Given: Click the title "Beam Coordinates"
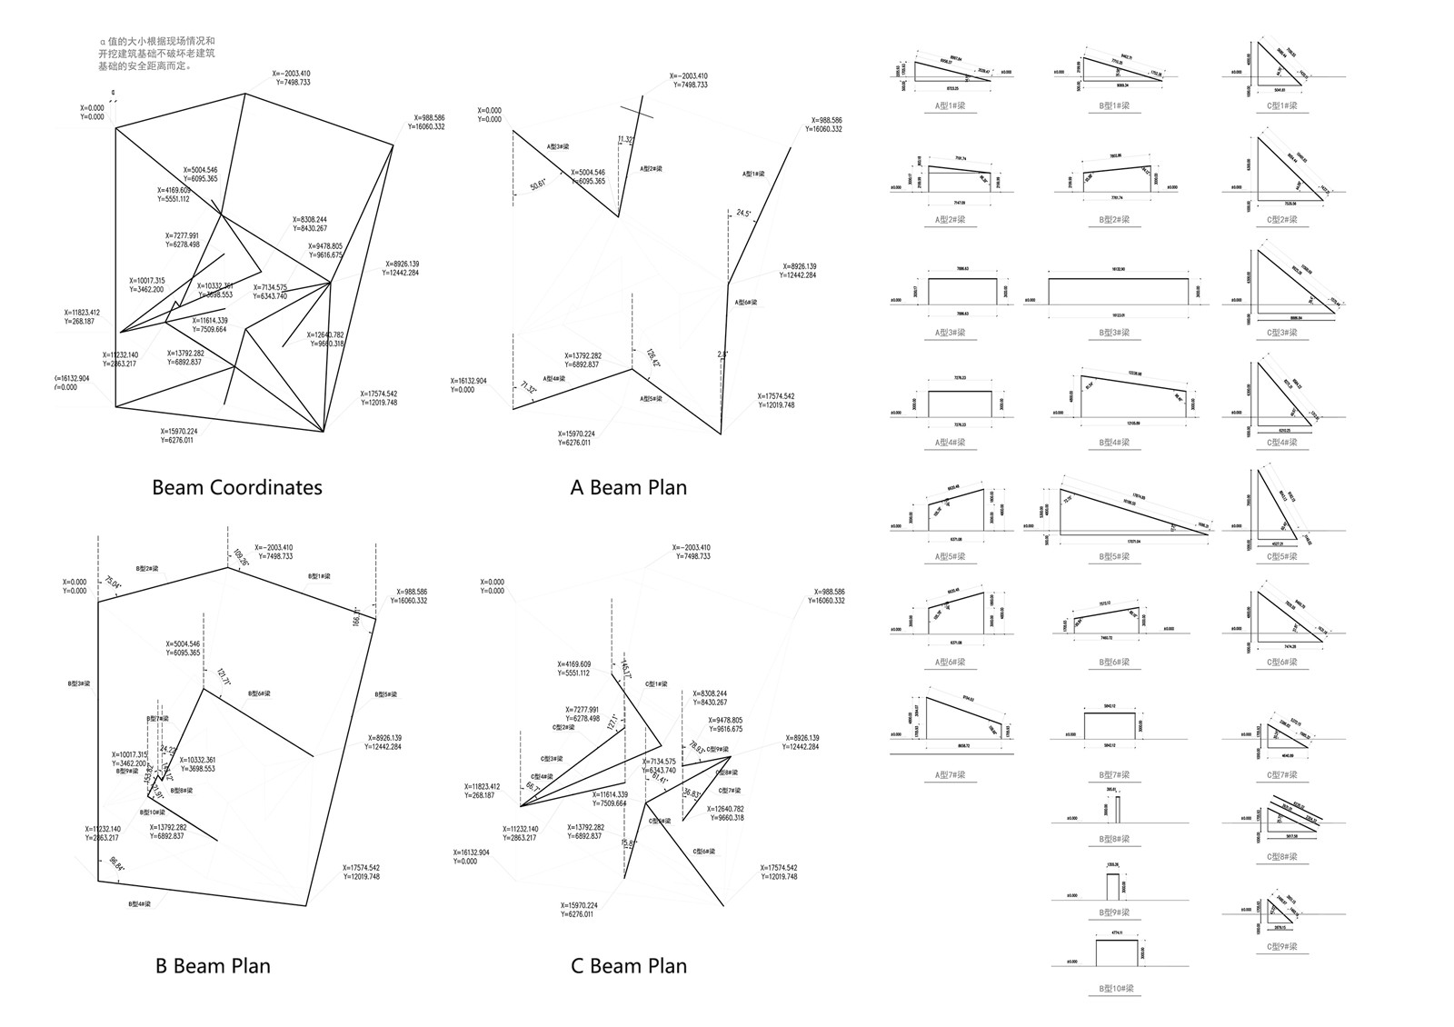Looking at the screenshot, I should pyautogui.click(x=236, y=487).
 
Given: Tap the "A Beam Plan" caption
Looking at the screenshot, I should pyautogui.click(x=628, y=487).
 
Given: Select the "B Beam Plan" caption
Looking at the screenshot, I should pyautogui.click(x=212, y=965).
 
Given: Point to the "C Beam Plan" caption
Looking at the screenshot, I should pyautogui.click(x=628, y=965).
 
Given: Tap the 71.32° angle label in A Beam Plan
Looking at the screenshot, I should pyautogui.click(x=526, y=389).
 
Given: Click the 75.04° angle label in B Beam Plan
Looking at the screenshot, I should pyautogui.click(x=114, y=583).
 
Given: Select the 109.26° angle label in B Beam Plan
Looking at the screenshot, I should pyautogui.click(x=241, y=557).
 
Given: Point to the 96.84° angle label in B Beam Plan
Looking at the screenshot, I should pyautogui.click(x=117, y=864).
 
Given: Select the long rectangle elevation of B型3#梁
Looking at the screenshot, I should pyautogui.click(x=1118, y=291).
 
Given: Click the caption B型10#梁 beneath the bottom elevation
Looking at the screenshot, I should pyautogui.click(x=1114, y=988).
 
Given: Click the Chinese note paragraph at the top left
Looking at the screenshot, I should pyautogui.click(x=156, y=54).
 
